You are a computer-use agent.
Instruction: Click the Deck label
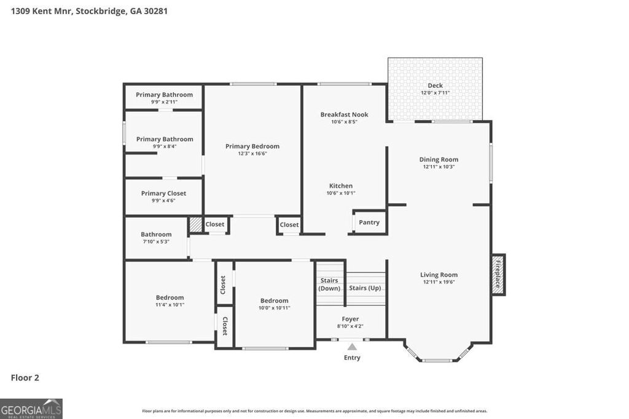435,85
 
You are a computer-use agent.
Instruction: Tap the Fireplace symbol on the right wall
498,274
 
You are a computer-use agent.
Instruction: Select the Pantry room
369,222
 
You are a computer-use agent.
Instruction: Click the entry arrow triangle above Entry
352,347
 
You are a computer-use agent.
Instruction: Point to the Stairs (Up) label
365,288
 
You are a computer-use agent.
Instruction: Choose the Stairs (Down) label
329,284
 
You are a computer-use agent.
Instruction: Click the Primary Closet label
163,193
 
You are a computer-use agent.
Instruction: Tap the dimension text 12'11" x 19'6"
439,282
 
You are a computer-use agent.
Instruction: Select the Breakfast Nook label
344,114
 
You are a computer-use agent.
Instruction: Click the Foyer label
350,319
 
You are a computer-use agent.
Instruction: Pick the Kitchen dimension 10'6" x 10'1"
341,193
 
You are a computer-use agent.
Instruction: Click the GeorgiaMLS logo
31,409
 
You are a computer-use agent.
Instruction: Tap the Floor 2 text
25,378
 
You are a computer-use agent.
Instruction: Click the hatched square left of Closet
195,225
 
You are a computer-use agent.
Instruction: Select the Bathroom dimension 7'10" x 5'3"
156,242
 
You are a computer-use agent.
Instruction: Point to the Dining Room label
439,160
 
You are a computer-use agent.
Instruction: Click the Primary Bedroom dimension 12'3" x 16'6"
252,153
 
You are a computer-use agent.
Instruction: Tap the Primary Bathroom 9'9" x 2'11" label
164,94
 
